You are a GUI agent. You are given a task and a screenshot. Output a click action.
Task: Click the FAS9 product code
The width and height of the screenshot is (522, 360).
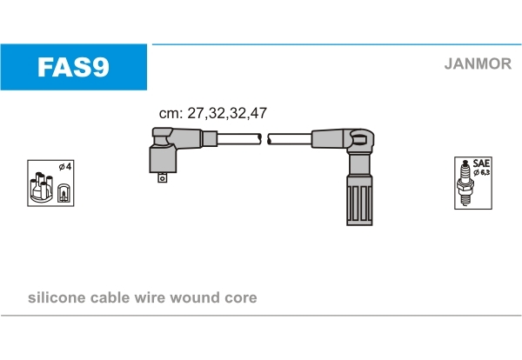[73, 67]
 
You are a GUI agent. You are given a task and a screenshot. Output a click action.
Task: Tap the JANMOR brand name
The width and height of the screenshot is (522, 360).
[478, 63]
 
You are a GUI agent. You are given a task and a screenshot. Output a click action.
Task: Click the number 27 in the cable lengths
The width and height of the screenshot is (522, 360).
[195, 113]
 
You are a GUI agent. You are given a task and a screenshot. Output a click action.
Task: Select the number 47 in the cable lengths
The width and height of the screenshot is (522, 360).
[258, 113]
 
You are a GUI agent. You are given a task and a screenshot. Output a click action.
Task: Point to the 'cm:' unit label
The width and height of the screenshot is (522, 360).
[171, 114]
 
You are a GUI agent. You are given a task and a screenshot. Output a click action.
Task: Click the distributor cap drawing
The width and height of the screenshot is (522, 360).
[41, 187]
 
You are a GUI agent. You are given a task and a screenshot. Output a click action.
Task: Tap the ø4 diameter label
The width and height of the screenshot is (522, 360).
[65, 166]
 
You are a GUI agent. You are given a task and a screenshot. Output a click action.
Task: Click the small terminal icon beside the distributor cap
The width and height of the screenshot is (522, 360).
[64, 193]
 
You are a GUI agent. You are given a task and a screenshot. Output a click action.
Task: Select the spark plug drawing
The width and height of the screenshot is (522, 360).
[465, 183]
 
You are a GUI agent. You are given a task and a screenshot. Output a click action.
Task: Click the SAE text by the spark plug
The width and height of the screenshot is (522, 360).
[481, 163]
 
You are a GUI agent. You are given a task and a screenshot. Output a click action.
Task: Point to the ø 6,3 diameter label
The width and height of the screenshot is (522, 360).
[482, 172]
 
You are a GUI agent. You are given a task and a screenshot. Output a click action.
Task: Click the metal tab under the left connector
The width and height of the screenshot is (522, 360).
[162, 177]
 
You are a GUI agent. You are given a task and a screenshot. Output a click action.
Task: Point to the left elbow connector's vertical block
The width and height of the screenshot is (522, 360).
[163, 159]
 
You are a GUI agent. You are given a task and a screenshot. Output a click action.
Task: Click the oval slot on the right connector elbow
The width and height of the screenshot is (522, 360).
[359, 138]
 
